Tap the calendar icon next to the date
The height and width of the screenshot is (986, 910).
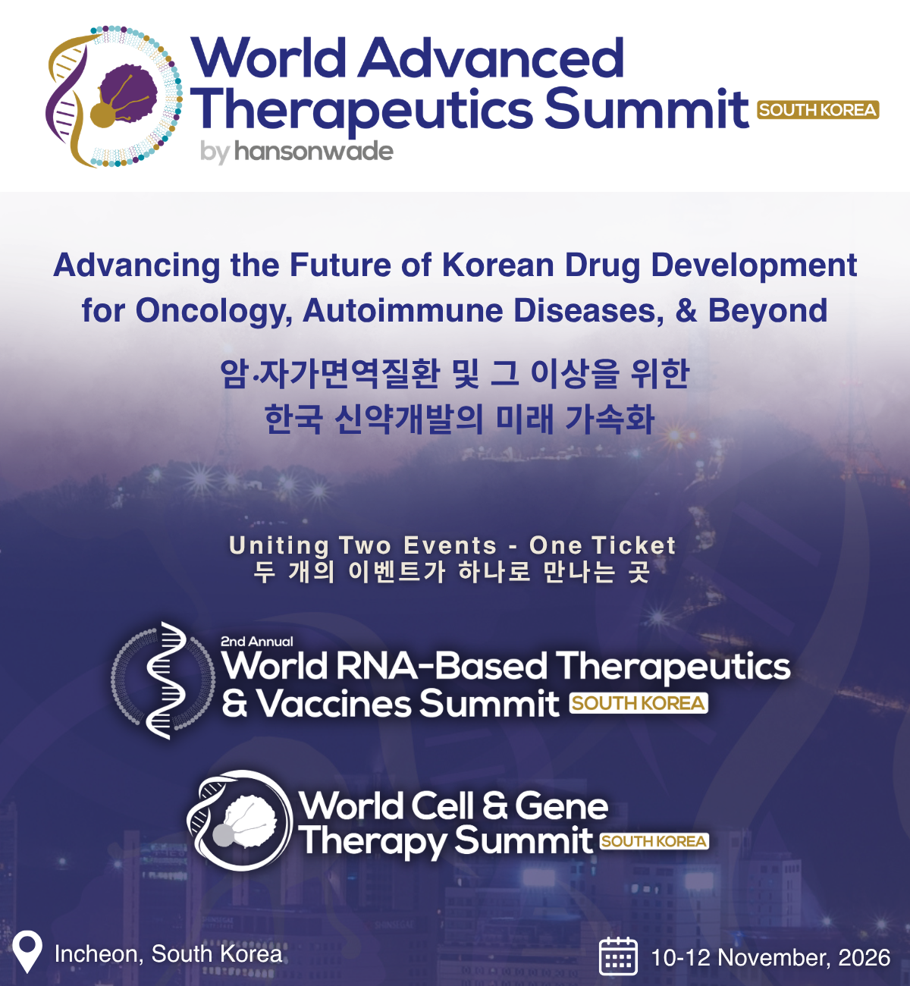(618, 956)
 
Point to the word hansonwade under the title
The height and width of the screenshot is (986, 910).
(314, 151)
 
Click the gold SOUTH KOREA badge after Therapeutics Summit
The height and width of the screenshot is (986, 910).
(817, 110)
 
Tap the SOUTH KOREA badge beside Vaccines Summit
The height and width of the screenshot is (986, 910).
(639, 703)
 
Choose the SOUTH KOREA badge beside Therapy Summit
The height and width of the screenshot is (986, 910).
(654, 841)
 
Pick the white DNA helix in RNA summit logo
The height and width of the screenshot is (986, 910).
(166, 680)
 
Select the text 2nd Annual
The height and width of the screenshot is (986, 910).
(256, 642)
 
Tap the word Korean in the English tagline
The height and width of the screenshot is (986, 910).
(498, 265)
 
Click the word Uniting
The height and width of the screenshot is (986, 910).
(279, 546)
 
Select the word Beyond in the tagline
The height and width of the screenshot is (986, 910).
(767, 312)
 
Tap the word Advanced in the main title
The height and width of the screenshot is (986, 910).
(491, 58)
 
